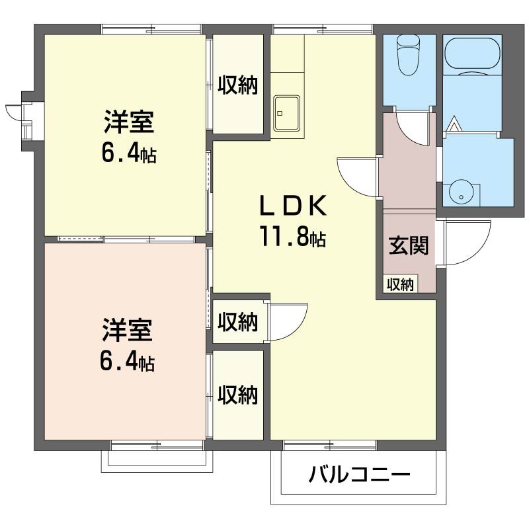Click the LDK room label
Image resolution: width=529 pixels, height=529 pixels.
coord(292,206)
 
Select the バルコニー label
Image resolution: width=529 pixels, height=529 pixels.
coord(359,475)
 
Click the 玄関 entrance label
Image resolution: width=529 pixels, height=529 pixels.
coord(409,245)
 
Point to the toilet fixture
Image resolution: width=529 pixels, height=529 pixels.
coord(408,56)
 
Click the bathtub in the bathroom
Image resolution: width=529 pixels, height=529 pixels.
coord(472,56)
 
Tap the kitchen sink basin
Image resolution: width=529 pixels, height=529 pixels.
coord(287,113)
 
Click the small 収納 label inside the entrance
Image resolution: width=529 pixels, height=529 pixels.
coord(400,284)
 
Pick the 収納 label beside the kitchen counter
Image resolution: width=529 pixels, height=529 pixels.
coord(237,85)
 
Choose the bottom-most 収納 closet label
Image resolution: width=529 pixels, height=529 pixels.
coord(237,394)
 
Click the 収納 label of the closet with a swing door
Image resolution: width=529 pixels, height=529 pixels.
coord(237,322)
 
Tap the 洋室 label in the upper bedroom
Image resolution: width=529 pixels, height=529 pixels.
coord(129,122)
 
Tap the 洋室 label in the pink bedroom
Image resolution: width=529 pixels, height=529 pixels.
coord(128,329)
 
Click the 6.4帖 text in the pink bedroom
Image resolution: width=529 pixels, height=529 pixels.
coord(127,362)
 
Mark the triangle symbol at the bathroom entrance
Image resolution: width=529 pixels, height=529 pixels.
coord(454,124)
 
